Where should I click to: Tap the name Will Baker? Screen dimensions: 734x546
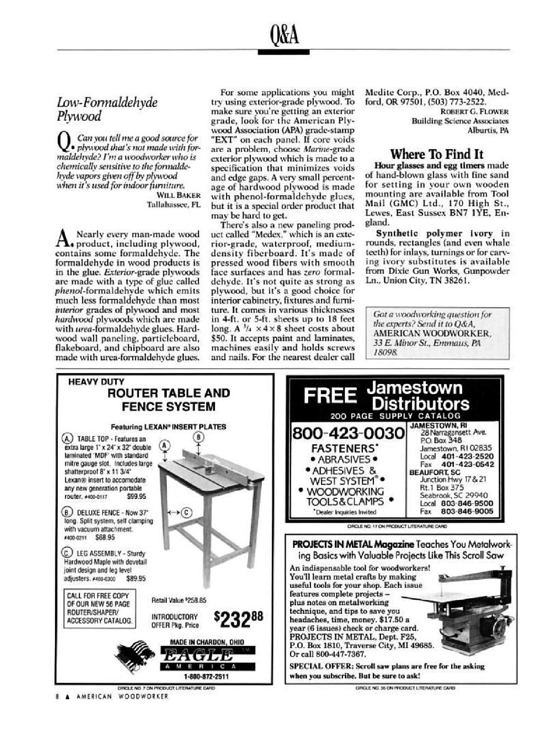[181, 195]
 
